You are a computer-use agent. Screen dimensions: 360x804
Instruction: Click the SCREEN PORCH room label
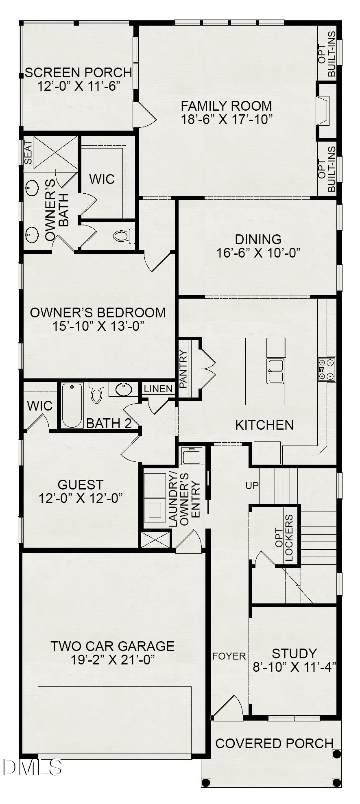click(78, 73)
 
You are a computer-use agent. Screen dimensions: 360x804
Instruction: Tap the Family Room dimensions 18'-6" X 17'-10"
click(227, 120)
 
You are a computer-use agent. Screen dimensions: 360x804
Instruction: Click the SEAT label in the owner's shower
click(28, 152)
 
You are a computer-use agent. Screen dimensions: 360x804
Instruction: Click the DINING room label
click(258, 239)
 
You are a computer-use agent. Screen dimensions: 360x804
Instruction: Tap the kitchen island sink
click(275, 371)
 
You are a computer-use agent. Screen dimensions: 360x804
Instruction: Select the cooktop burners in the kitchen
click(327, 369)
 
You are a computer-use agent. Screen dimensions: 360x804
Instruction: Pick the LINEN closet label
click(158, 389)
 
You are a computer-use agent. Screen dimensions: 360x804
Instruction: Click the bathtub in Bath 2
click(72, 405)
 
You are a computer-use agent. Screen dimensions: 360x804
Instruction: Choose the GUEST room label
click(81, 485)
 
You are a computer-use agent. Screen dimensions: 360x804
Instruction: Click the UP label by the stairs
click(252, 485)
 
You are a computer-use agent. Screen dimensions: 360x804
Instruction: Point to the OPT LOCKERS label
click(284, 538)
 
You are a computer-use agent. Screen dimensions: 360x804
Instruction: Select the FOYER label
click(229, 656)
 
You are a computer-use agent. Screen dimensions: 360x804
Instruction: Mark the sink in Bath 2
click(124, 389)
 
